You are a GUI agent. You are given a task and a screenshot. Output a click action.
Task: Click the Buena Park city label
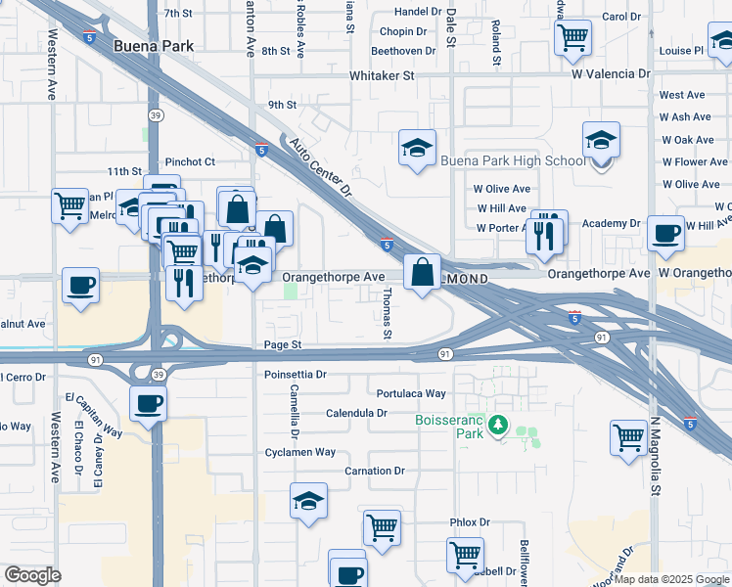154,46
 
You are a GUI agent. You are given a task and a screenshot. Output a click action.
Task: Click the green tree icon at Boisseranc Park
499,425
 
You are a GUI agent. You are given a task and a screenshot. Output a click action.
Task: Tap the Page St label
283,345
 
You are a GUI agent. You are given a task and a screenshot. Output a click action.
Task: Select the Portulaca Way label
411,393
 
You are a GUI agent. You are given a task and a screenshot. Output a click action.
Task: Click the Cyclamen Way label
300,453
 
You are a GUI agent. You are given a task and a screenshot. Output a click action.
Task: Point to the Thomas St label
388,314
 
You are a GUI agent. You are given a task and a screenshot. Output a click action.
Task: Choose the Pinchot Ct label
189,161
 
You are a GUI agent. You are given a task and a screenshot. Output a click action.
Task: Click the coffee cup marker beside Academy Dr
665,234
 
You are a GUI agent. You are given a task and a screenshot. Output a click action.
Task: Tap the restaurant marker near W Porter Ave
546,231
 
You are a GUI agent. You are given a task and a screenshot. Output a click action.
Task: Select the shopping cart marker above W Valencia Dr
572,37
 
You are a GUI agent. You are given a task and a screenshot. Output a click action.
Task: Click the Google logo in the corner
32,575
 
